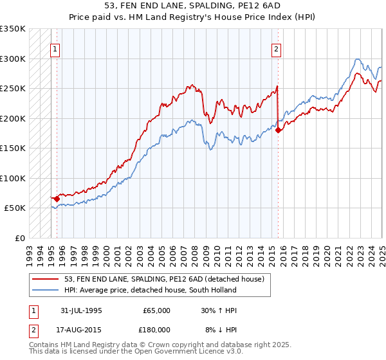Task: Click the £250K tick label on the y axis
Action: pyautogui.click(x=13, y=88)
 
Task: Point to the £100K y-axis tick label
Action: pyautogui.click(x=13, y=178)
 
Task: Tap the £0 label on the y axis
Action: pyautogui.click(x=19, y=238)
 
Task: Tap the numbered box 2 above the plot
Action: pyautogui.click(x=276, y=49)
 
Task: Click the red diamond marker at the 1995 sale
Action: pyautogui.click(x=57, y=199)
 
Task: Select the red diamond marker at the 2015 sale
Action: pyautogui.click(x=278, y=130)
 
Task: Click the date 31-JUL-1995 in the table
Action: pyautogui.click(x=81, y=310)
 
